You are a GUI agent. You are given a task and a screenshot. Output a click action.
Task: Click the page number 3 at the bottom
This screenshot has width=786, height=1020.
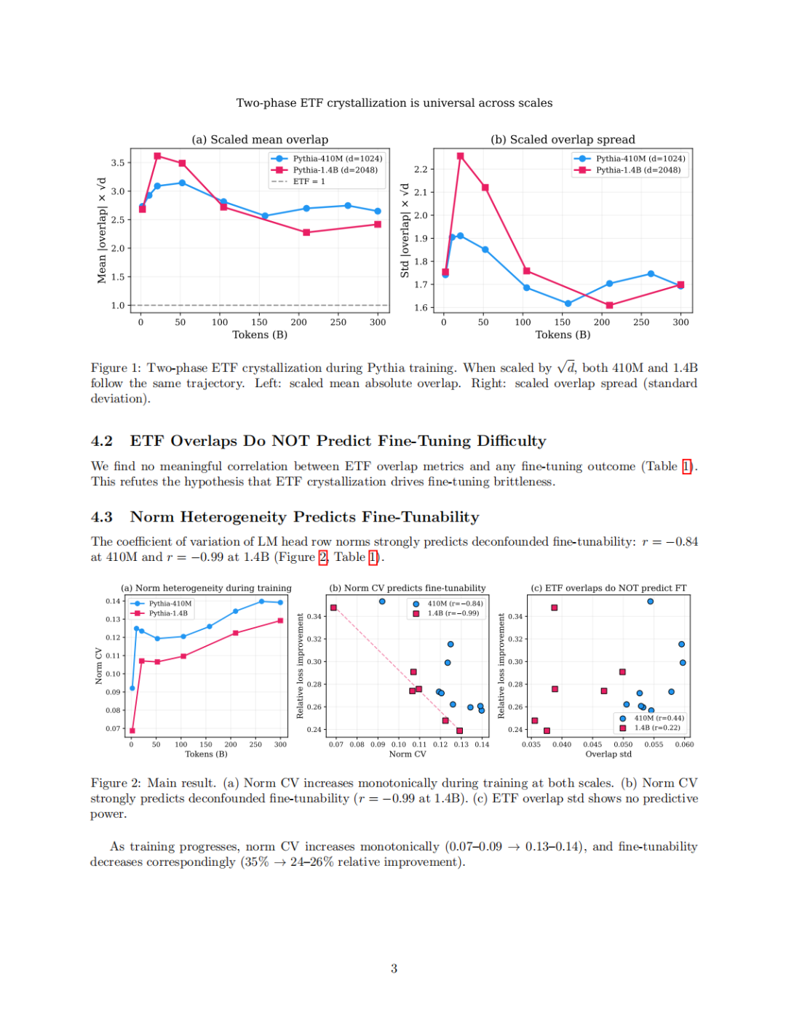(394, 968)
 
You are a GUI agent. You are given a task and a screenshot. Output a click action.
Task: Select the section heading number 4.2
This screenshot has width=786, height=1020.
(101, 441)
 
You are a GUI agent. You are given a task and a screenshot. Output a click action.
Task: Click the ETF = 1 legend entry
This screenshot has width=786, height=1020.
(298, 181)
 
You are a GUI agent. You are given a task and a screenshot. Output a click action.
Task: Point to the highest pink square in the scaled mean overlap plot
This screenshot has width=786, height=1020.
(157, 156)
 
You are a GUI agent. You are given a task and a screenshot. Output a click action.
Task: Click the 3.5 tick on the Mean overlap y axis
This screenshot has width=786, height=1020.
(117, 163)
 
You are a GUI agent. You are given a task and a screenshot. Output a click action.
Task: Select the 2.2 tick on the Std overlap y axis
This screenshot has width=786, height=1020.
(421, 169)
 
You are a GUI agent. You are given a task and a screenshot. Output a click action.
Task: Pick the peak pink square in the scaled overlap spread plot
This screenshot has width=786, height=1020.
(460, 156)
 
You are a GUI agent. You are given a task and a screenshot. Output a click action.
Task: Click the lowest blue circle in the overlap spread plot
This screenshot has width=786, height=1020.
(568, 303)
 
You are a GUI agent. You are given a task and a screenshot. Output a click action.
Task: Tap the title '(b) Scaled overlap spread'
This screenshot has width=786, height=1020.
(563, 140)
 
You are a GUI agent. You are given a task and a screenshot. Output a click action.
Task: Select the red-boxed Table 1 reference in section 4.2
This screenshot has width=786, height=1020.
(686, 466)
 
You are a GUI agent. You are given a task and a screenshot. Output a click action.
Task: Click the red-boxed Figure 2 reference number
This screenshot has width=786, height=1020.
(322, 557)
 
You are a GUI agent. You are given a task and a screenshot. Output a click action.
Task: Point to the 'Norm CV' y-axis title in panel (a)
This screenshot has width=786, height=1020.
(98, 666)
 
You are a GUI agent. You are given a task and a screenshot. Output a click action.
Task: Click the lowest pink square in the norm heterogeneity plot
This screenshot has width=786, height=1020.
(132, 730)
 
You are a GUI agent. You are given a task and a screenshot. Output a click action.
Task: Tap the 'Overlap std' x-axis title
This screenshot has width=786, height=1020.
(608, 754)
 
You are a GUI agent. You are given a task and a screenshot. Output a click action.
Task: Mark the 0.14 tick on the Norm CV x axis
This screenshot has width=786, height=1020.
(482, 744)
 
